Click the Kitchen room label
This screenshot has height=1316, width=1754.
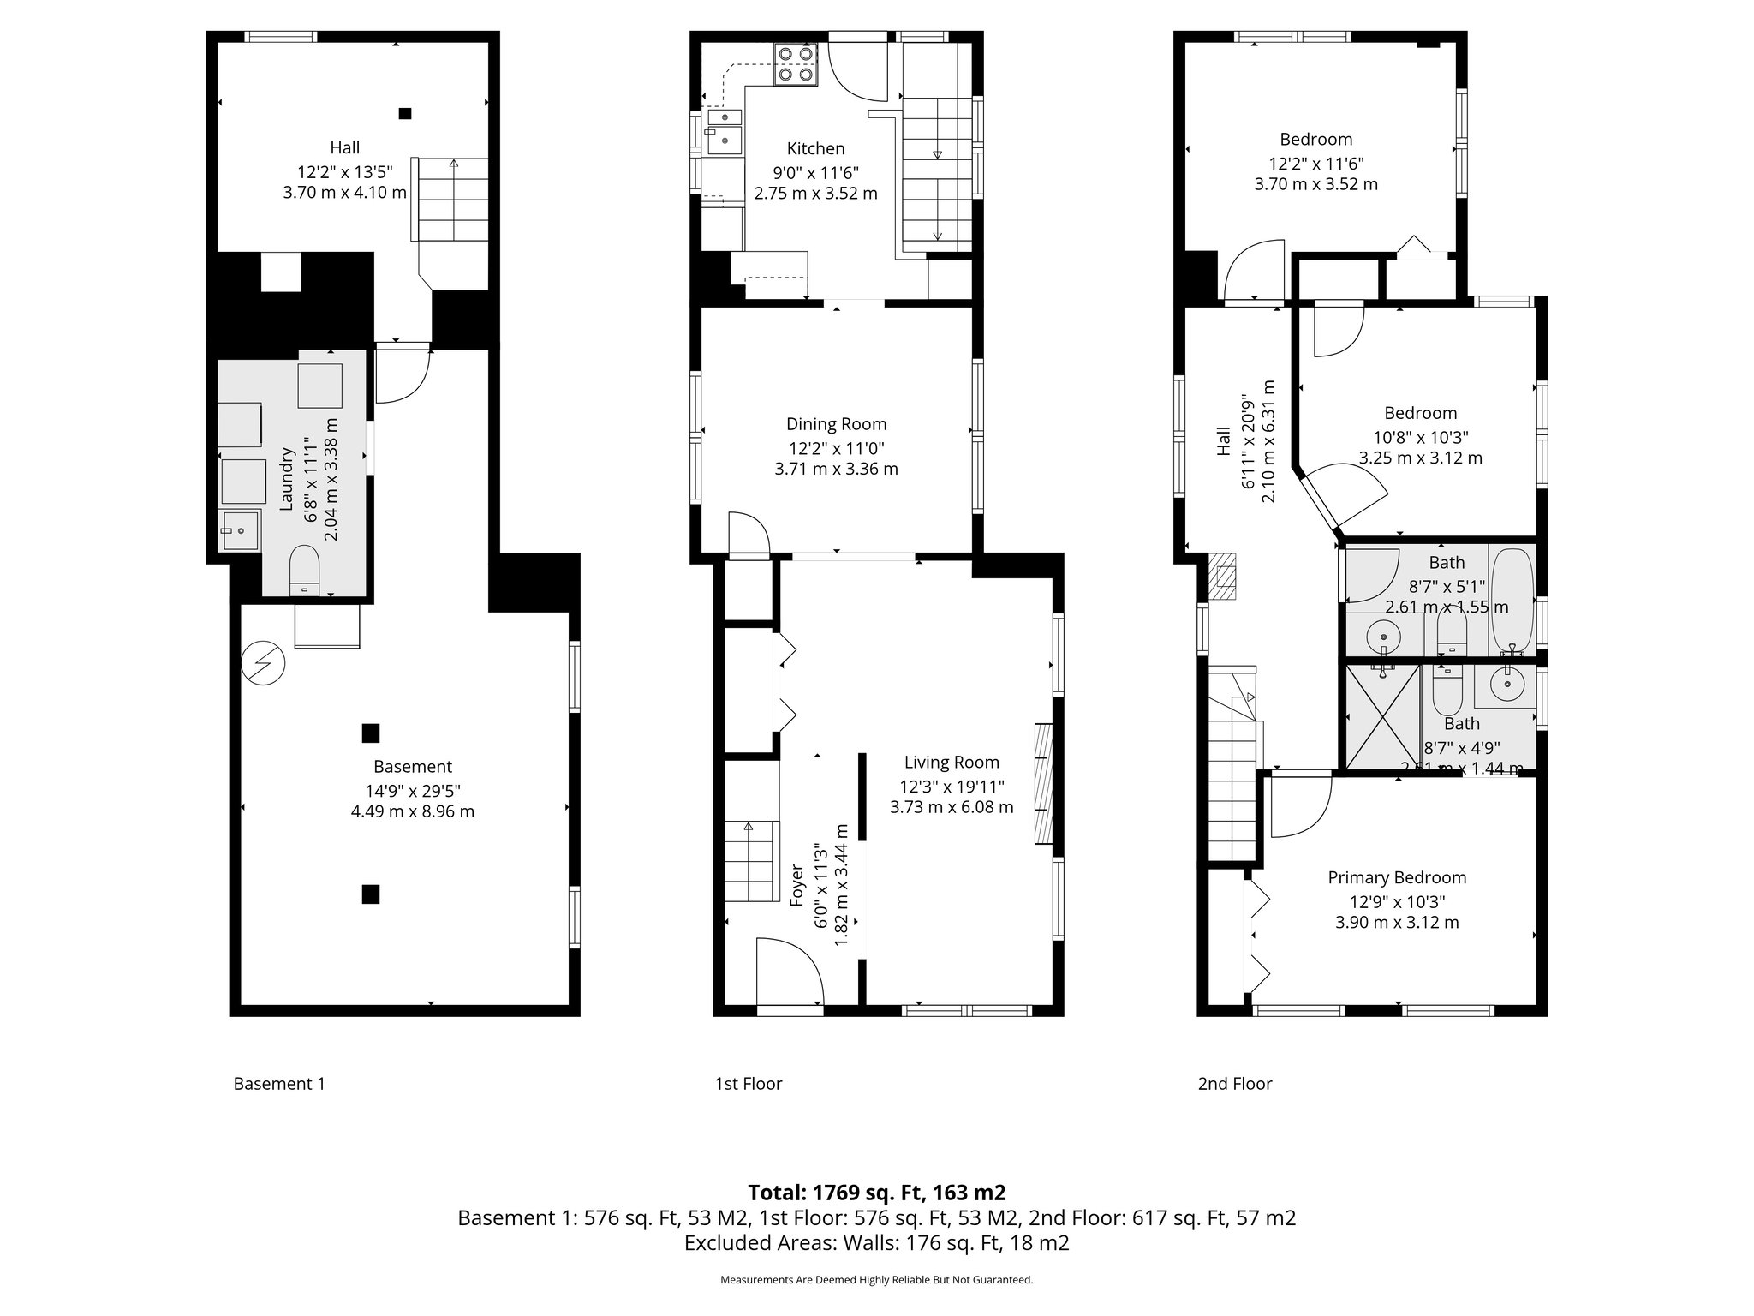pyautogui.click(x=815, y=149)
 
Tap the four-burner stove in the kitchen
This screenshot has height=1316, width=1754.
pyautogui.click(x=794, y=64)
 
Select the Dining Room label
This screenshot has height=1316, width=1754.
pyautogui.click(x=836, y=424)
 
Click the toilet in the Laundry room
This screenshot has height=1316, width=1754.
pyautogui.click(x=304, y=568)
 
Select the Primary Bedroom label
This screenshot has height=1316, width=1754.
pyautogui.click(x=1397, y=877)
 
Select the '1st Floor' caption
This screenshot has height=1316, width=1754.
pyautogui.click(x=749, y=1084)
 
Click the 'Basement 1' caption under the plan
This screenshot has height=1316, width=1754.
pyautogui.click(x=279, y=1084)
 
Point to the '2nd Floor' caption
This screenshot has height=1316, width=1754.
pyautogui.click(x=1234, y=1084)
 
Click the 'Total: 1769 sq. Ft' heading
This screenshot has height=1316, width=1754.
pyautogui.click(x=876, y=1193)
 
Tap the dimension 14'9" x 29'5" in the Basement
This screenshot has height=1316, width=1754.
pyautogui.click(x=413, y=790)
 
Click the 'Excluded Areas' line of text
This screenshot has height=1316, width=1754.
pyautogui.click(x=876, y=1243)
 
